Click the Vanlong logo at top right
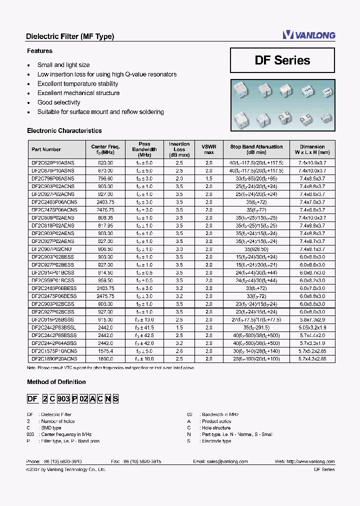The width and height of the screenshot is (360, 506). (x=308, y=34)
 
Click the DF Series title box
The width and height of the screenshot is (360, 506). (x=282, y=60)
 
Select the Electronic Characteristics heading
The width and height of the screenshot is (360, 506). (x=64, y=131)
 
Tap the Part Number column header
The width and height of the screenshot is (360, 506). (x=46, y=149)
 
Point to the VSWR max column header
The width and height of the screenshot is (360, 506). (x=208, y=149)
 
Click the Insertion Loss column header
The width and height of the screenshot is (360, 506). (x=179, y=149)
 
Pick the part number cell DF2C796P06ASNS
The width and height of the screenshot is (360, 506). (x=52, y=178)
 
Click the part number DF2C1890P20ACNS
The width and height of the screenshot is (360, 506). (x=54, y=358)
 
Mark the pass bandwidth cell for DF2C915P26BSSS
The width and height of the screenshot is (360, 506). (x=144, y=319)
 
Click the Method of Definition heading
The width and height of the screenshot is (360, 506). (x=56, y=382)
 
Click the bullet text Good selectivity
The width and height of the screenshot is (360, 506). (x=58, y=102)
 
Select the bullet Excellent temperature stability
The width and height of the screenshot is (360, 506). (x=77, y=84)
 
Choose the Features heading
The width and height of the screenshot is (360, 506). (x=39, y=51)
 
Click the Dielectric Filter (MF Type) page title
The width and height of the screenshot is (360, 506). (x=69, y=36)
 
